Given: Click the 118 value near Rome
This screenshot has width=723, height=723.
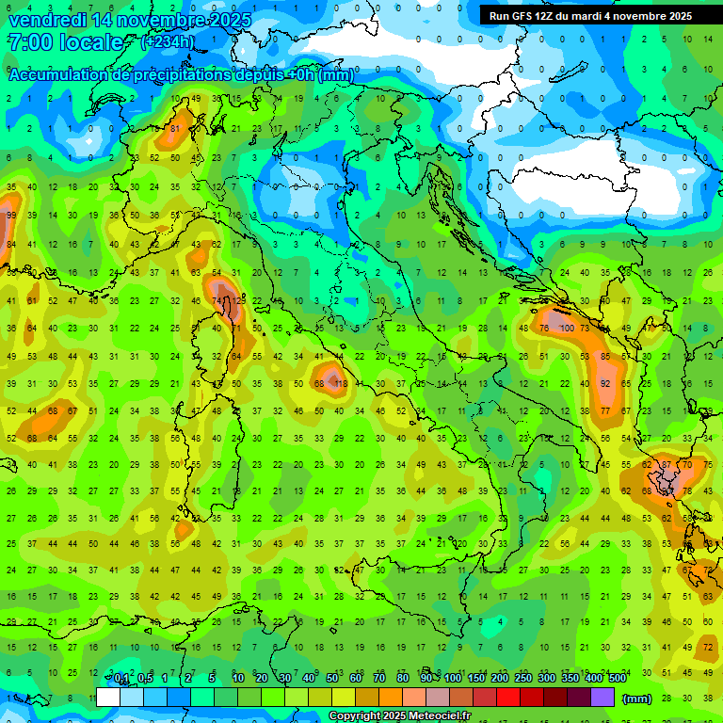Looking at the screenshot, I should click(x=341, y=384).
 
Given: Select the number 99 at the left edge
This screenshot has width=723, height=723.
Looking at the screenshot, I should click(x=11, y=216).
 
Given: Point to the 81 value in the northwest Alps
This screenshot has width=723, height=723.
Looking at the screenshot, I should click(x=175, y=129).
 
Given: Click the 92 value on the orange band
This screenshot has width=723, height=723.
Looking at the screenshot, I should click(x=606, y=384).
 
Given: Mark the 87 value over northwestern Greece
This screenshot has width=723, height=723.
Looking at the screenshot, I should click(x=667, y=464).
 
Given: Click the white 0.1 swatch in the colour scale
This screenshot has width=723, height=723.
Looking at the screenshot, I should click(x=108, y=698).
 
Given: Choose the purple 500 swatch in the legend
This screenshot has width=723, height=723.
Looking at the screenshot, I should click(x=602, y=698).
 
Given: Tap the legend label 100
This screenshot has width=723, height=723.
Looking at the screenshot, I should click(x=453, y=679).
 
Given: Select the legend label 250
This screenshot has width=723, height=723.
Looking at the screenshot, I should click(x=523, y=679).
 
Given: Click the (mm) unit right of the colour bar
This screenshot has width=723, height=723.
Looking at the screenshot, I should click(x=637, y=699).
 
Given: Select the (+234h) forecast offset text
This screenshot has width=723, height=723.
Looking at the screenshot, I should click(x=168, y=42).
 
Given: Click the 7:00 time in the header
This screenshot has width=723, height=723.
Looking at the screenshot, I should click(x=28, y=42).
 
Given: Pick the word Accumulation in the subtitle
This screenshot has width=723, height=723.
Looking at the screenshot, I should click(x=56, y=75).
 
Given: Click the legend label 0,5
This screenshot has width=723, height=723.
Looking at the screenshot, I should click(x=146, y=679).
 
